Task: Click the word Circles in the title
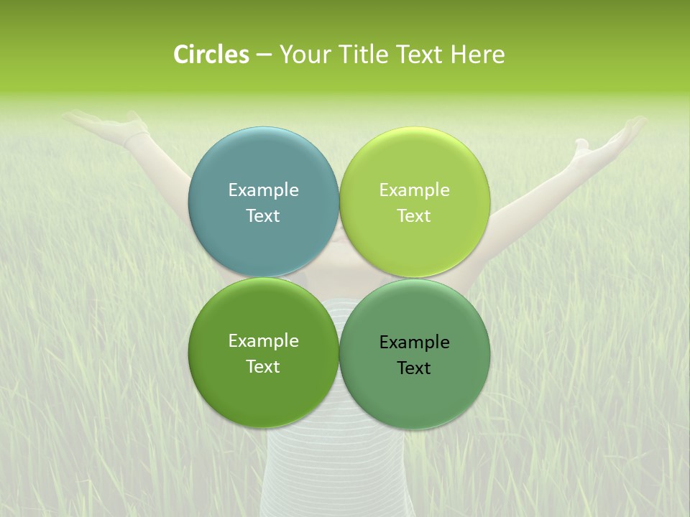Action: [x=211, y=55]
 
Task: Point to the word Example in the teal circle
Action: [x=263, y=190]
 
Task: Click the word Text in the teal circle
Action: [x=263, y=215]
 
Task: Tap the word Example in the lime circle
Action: [x=414, y=190]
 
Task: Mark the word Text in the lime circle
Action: [x=414, y=215]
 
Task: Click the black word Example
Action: [x=414, y=342]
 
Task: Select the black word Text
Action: [x=414, y=368]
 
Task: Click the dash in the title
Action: [x=264, y=55]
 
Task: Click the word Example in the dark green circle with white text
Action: [x=263, y=340]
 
